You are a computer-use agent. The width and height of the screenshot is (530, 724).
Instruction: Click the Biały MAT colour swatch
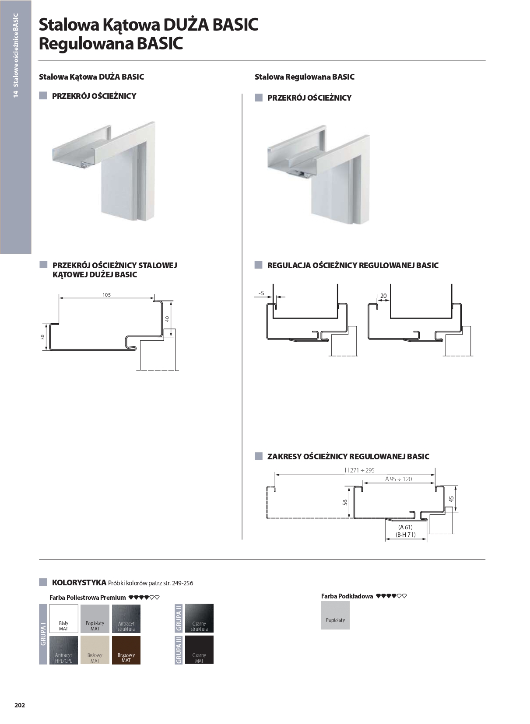tap(63, 618)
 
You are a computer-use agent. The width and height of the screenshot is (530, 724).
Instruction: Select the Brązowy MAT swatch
tap(126, 650)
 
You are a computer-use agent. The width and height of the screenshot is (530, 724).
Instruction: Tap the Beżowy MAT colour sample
tap(95, 650)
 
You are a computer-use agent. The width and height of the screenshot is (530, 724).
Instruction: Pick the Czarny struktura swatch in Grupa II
tap(199, 618)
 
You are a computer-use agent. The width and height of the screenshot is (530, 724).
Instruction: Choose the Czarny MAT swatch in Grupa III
tap(199, 650)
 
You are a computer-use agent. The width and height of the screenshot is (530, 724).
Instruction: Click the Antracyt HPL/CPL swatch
tap(63, 650)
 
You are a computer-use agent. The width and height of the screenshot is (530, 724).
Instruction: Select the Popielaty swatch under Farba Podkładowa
tap(335, 615)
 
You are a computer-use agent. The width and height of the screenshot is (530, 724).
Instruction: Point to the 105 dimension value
tap(107, 295)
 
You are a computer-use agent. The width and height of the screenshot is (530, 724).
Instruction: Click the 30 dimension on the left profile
tap(42, 337)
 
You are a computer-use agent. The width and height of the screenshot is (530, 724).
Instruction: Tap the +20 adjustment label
tap(382, 296)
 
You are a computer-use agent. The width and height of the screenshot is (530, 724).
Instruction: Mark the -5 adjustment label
tap(261, 293)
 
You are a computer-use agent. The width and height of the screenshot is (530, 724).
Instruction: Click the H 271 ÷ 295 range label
tap(359, 470)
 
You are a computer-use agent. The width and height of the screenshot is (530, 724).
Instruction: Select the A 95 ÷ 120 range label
tap(398, 479)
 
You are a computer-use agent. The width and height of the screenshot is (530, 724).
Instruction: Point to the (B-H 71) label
tap(405, 535)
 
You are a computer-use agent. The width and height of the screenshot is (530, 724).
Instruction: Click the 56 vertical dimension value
tap(345, 503)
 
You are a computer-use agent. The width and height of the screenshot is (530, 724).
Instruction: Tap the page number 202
tap(20, 705)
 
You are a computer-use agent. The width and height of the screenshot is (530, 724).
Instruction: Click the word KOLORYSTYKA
tap(79, 582)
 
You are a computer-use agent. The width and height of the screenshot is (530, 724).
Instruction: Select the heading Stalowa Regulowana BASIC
tap(304, 77)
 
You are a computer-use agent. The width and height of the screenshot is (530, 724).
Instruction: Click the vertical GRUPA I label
tap(43, 635)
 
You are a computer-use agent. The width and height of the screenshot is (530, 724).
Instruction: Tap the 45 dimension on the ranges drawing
tap(451, 499)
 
